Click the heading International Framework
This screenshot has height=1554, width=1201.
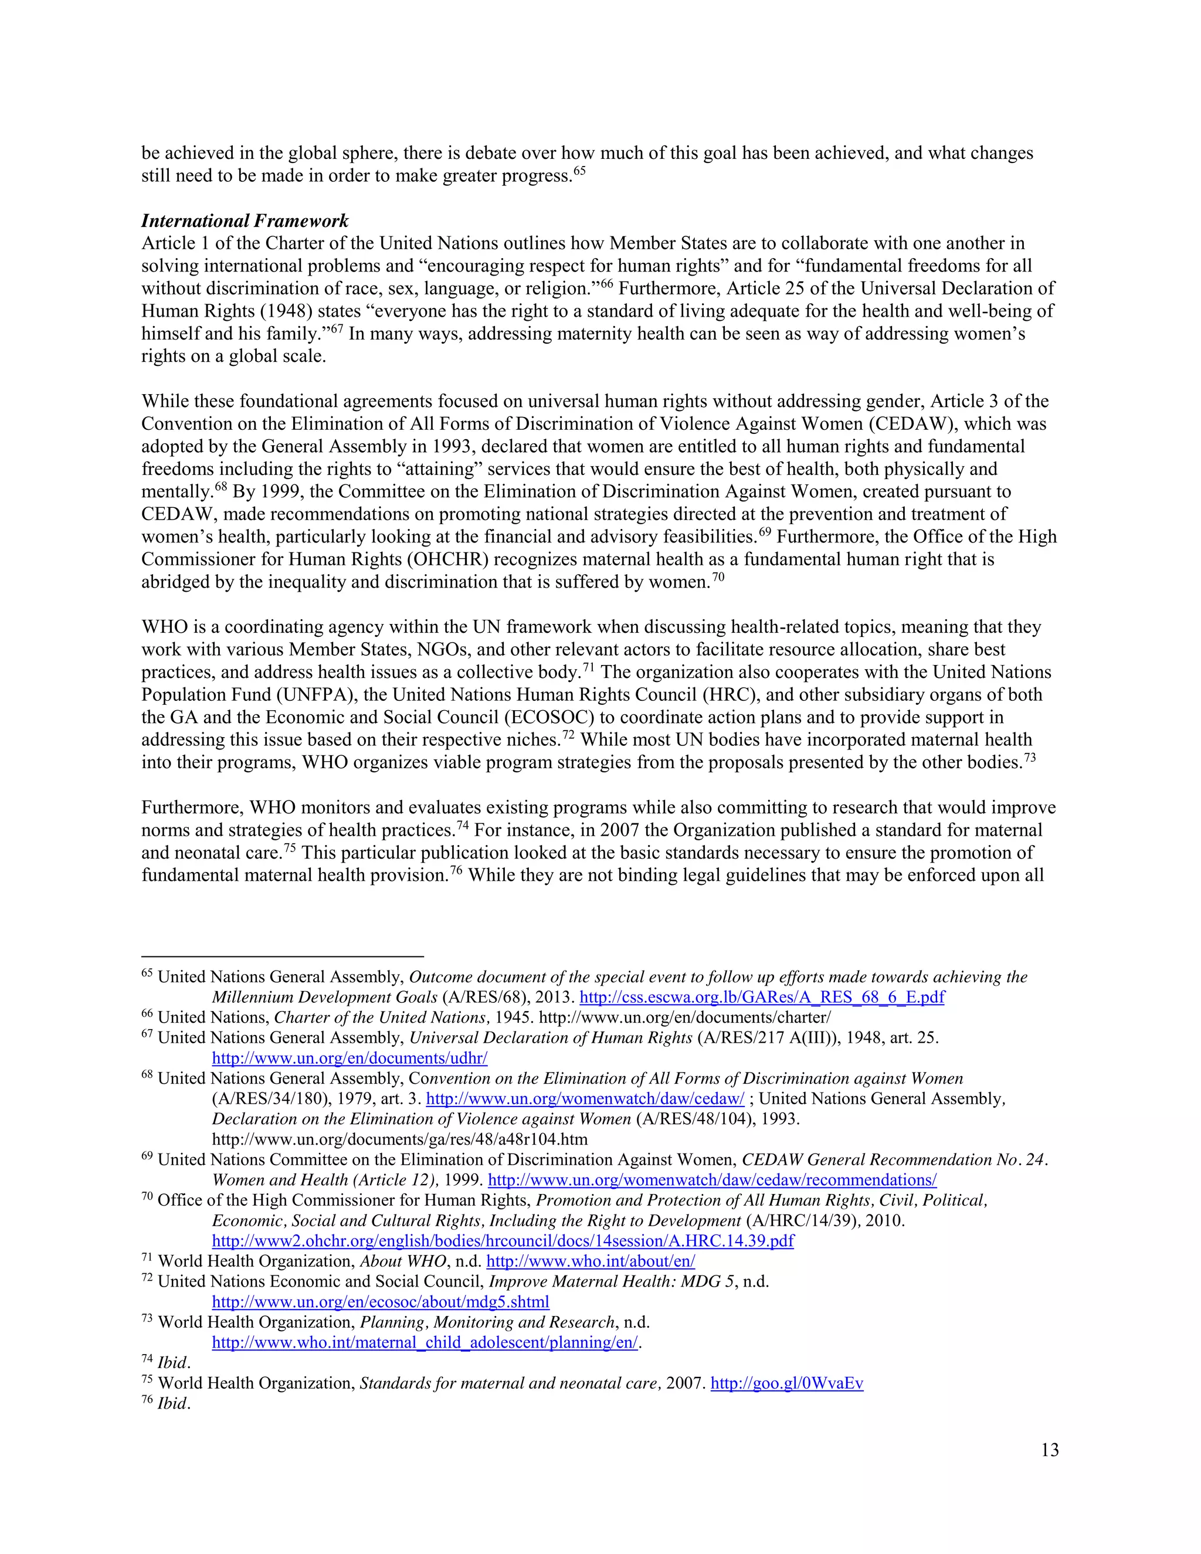245,220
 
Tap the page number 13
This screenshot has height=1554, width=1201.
1050,1450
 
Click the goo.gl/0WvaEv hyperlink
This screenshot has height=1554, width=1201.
786,1383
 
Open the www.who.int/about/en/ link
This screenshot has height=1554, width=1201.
590,1261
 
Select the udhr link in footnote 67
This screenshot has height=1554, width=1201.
350,1058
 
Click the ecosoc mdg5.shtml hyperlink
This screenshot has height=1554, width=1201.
381,1301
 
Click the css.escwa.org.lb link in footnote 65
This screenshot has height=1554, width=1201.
761,997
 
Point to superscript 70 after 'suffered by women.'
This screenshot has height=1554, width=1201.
718,577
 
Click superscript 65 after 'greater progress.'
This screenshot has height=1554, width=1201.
579,171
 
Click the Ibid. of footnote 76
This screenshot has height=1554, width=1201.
174,1403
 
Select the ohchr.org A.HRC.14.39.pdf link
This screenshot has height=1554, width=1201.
503,1240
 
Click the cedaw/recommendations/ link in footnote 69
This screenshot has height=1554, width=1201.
711,1180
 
